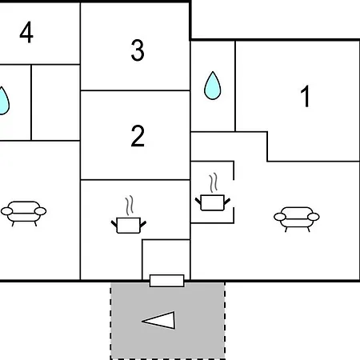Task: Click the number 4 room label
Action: pos(26,32)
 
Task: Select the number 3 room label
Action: pos(138,50)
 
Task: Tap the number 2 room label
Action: pos(138,136)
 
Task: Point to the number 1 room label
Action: pos(306,96)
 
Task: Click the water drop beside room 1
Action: pos(213,86)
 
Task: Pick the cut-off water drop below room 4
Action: pos(4,101)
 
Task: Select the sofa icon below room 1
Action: pos(297,219)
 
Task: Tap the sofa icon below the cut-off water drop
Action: pos(24,214)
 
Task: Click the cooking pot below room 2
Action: pos(129,225)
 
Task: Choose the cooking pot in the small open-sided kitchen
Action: pos(213,202)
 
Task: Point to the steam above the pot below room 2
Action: pos(130,206)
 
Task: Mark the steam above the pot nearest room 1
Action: pos(214,183)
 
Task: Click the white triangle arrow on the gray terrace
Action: pos(159,320)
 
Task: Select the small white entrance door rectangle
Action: pos(167,281)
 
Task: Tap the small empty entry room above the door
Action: pos(166,257)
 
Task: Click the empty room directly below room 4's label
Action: pos(56,102)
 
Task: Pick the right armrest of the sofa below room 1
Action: pos(314,217)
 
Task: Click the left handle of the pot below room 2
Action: pos(114,223)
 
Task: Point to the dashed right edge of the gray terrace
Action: pos(225,321)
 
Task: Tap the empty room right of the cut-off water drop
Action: pos(56,102)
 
